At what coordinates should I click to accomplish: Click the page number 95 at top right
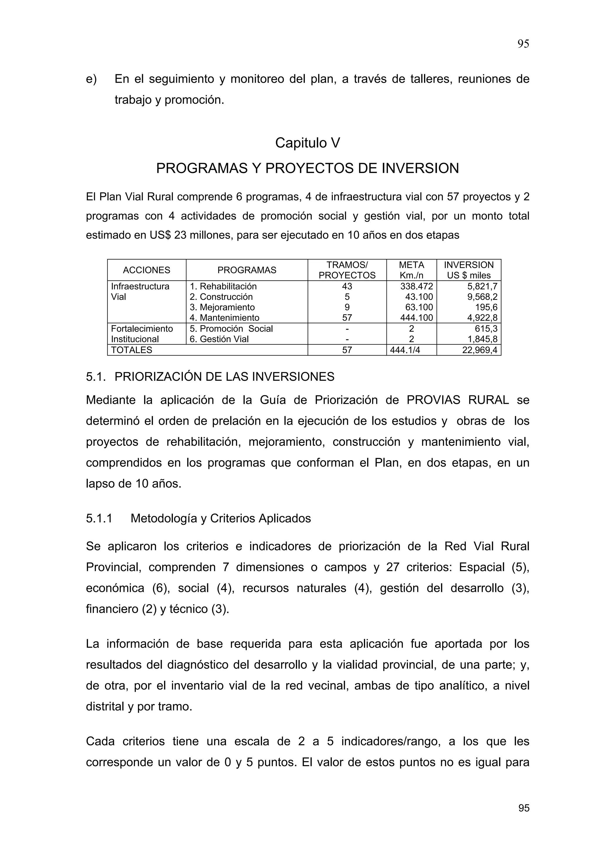[x=523, y=44]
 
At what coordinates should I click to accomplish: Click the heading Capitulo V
[x=307, y=143]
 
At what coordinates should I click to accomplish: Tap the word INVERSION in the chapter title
[x=420, y=168]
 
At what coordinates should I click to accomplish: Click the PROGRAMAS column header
[x=247, y=270]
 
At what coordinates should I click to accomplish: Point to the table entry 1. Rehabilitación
[x=223, y=286]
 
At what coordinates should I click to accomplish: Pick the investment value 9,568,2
[x=482, y=297]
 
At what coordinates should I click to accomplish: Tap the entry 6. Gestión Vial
[x=219, y=339]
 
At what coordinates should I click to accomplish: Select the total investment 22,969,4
[x=480, y=350]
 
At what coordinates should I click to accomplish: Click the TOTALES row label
[x=131, y=350]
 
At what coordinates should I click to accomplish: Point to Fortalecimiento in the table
[x=142, y=329]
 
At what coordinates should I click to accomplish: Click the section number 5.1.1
[x=99, y=518]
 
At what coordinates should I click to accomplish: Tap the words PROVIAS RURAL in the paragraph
[x=457, y=400]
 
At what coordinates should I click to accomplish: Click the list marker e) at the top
[x=91, y=79]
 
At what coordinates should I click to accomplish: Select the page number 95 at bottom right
[x=524, y=808]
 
